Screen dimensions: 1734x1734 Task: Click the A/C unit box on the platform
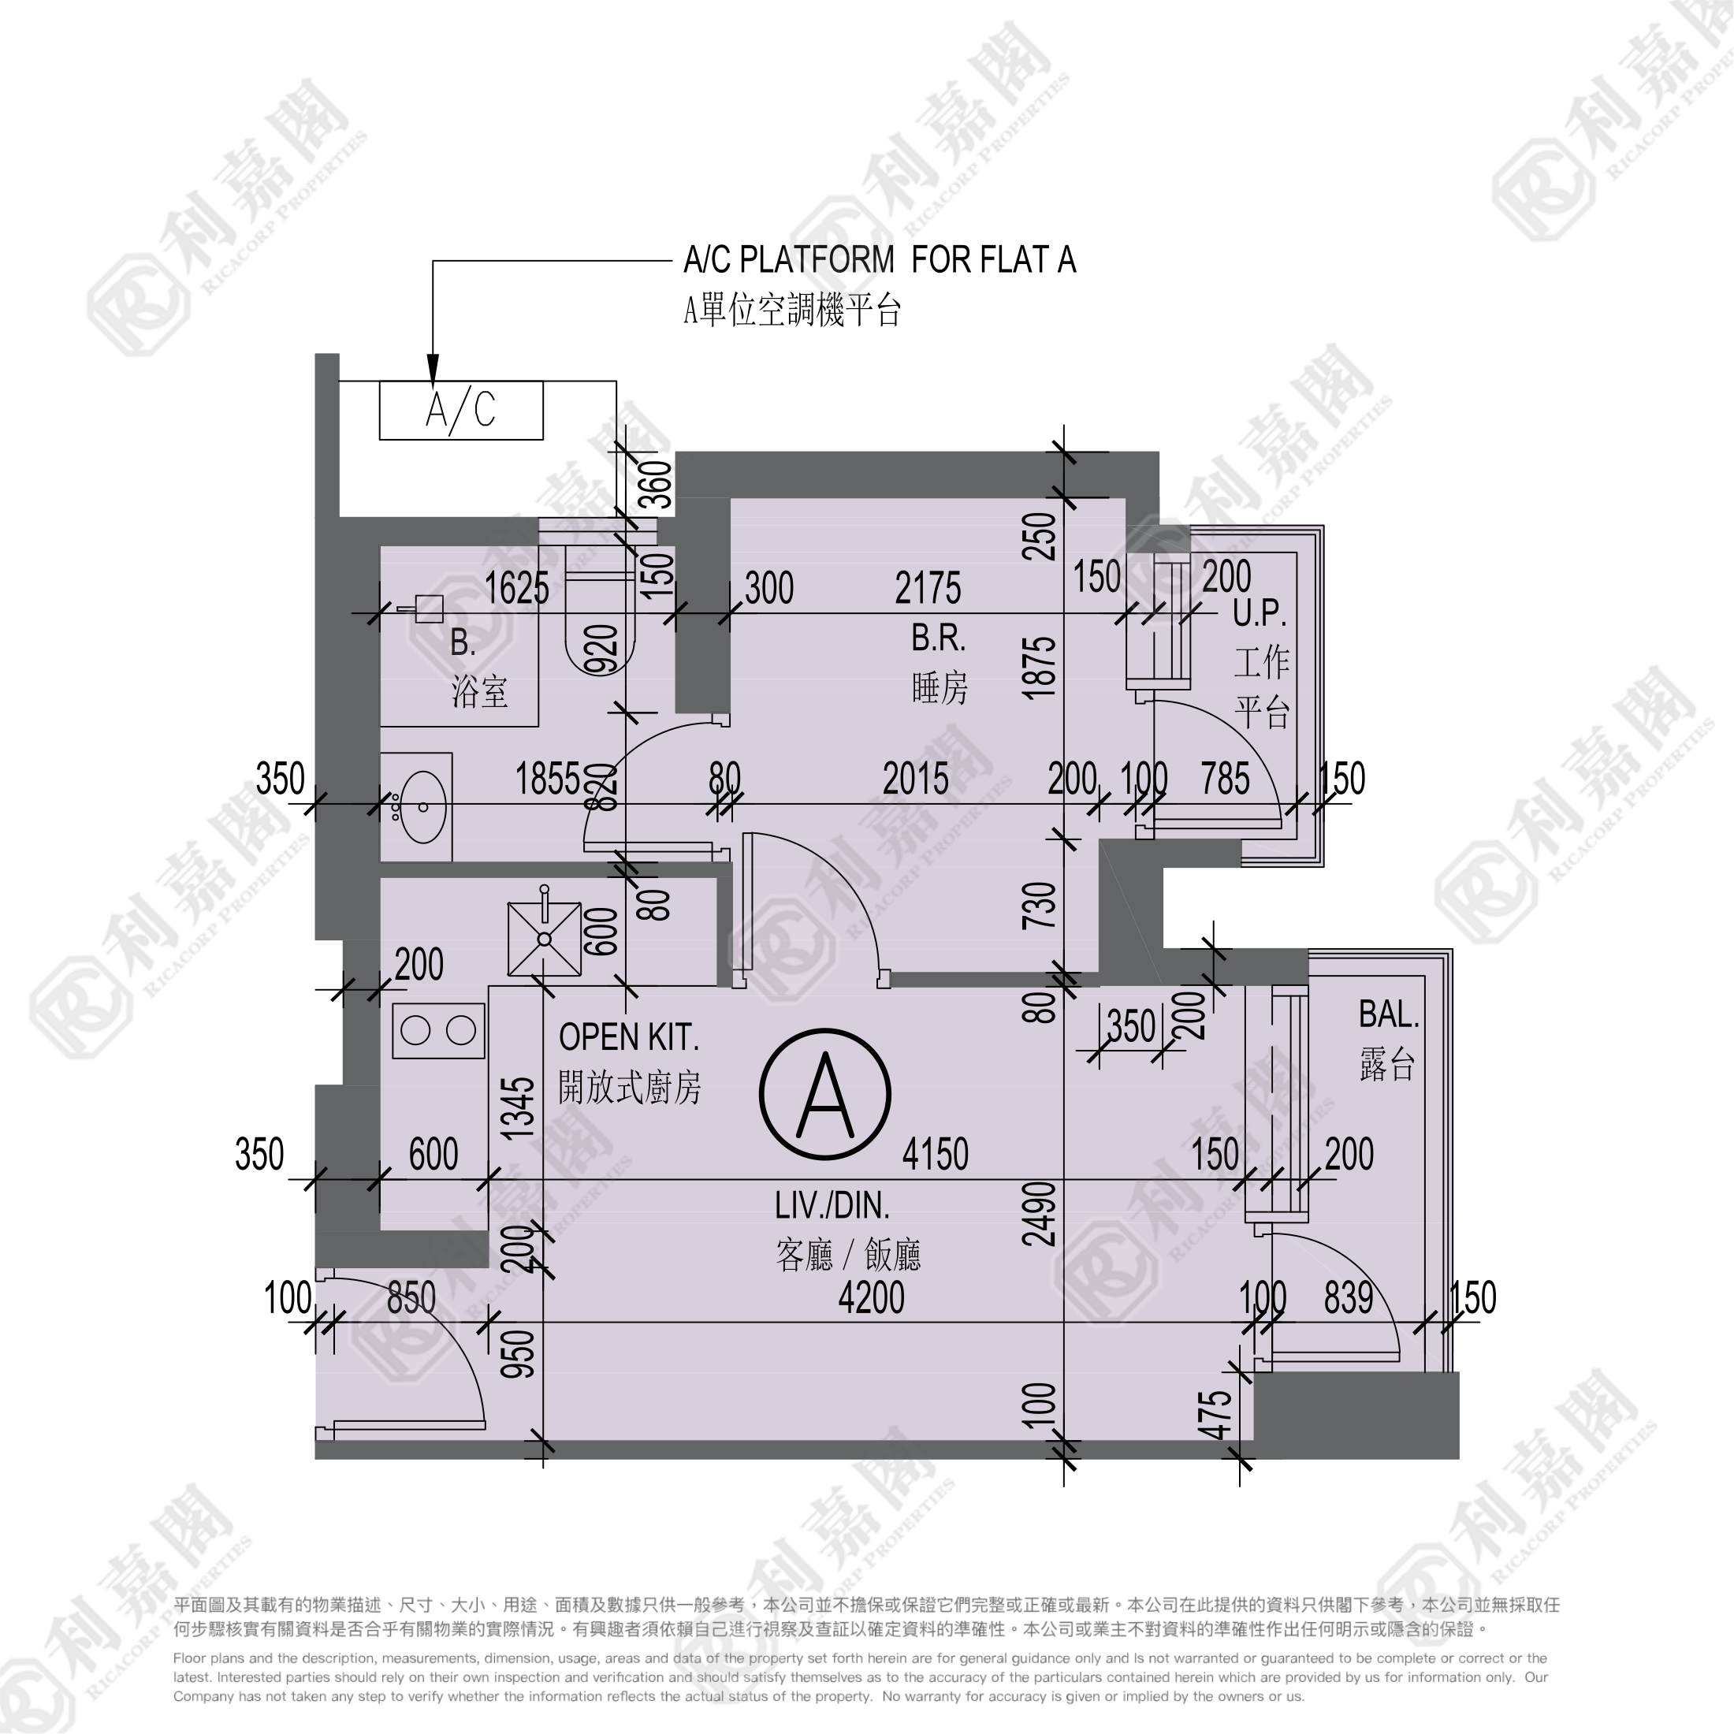pyautogui.click(x=461, y=410)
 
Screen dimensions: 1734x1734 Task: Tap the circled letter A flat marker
pyautogui.click(x=824, y=1094)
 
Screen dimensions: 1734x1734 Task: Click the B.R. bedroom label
pyautogui.click(x=939, y=638)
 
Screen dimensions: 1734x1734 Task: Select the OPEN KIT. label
pyautogui.click(x=628, y=1037)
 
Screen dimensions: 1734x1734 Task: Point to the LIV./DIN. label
pyautogui.click(x=832, y=1206)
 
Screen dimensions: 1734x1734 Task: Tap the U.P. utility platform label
pyautogui.click(x=1260, y=614)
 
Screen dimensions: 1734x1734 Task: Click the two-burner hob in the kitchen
pyautogui.click(x=439, y=1030)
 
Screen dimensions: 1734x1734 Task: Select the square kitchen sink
pyautogui.click(x=545, y=939)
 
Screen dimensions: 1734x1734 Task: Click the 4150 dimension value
pyautogui.click(x=936, y=1154)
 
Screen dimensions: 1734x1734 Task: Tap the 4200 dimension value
pyautogui.click(x=871, y=1298)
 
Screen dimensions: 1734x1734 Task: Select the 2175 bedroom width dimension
pyautogui.click(x=928, y=589)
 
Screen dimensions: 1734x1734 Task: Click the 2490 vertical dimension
pyautogui.click(x=1040, y=1215)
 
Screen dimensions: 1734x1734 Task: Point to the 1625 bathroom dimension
pyautogui.click(x=517, y=589)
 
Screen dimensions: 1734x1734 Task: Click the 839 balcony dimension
pyautogui.click(x=1349, y=1298)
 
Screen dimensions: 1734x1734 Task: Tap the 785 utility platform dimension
pyautogui.click(x=1225, y=779)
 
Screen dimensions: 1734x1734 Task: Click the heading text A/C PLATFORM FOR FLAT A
pyautogui.click(x=880, y=260)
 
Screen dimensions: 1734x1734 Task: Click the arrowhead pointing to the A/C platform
pyautogui.click(x=433, y=370)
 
